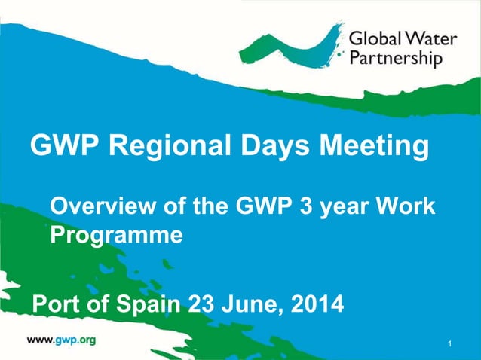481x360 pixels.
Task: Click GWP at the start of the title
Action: (61, 145)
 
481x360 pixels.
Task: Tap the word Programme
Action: (116, 236)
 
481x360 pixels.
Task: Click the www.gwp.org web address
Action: (62, 340)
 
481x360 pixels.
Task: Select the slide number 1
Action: (449, 345)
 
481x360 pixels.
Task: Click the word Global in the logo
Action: (375, 38)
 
